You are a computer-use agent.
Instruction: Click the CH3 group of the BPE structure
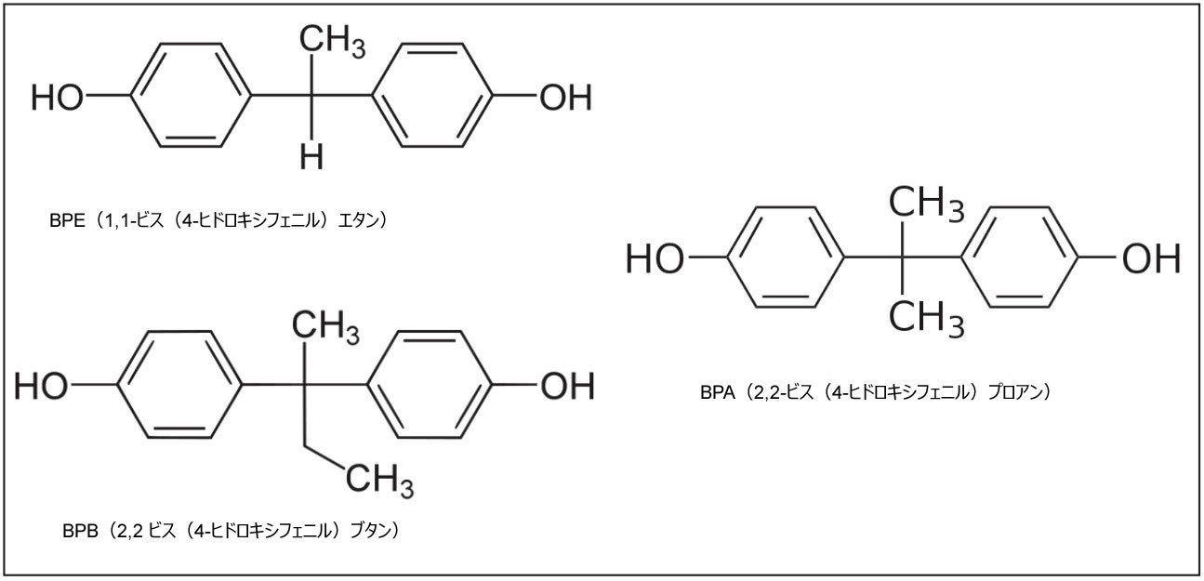[x=332, y=42]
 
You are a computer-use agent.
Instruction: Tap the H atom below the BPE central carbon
[x=311, y=157]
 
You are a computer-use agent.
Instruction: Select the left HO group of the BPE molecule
[x=58, y=98]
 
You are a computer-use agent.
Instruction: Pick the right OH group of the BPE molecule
[x=565, y=98]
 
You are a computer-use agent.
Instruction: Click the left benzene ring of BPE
[x=192, y=95]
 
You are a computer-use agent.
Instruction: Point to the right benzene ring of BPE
[x=432, y=95]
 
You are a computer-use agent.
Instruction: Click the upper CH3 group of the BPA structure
[x=926, y=205]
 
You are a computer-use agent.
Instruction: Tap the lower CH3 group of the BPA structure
[x=926, y=318]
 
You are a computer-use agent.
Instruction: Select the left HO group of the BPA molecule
[x=655, y=258]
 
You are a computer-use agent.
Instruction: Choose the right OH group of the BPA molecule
[x=1151, y=258]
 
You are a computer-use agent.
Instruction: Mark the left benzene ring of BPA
[x=786, y=257]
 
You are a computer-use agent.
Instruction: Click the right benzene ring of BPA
[x=1020, y=257]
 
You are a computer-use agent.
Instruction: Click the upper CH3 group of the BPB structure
[x=325, y=328]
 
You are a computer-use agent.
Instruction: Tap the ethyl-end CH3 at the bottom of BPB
[x=379, y=480]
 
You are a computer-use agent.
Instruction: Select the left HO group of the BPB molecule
[x=42, y=387]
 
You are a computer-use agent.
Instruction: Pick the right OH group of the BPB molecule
[x=567, y=387]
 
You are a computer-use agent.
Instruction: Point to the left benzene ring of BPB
[x=180, y=385]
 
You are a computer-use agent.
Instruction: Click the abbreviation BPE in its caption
[x=67, y=221]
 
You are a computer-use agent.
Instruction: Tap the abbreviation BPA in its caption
[x=717, y=392]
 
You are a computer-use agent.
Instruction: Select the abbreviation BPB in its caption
[x=80, y=531]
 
